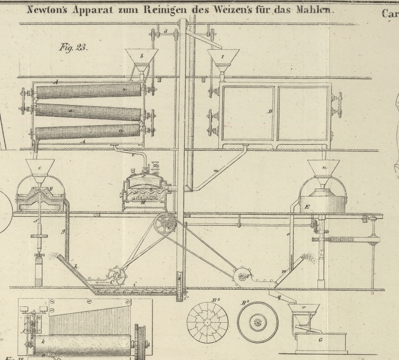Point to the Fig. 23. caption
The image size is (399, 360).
click(x=72, y=48)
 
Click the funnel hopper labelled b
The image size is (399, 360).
click(x=141, y=57)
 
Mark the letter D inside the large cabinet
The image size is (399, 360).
click(x=270, y=111)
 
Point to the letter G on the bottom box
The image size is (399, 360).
click(x=321, y=340)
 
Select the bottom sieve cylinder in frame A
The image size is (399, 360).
click(x=87, y=132)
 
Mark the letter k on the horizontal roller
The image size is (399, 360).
click(x=44, y=341)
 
